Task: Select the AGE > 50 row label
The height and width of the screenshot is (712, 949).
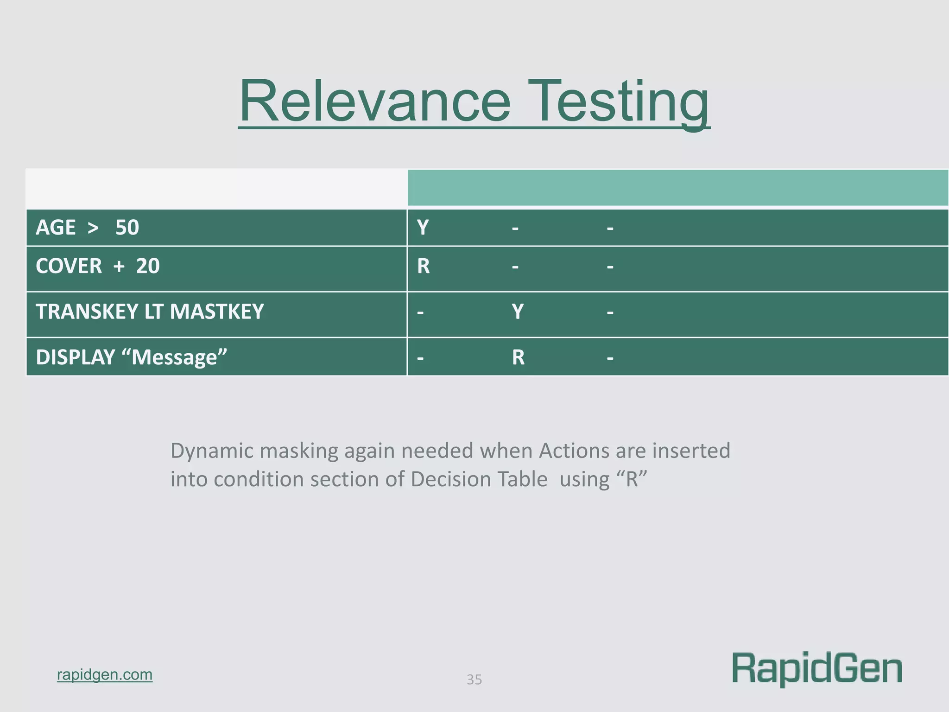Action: [x=87, y=228]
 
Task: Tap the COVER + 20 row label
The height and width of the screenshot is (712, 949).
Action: [x=97, y=266]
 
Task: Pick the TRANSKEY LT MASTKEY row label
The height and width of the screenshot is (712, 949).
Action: [x=150, y=311]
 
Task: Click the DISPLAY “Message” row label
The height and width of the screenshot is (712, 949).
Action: [x=131, y=357]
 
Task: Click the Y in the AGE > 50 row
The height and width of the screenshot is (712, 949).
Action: [x=423, y=228]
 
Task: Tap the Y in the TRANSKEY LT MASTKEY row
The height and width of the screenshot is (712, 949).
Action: [x=518, y=311]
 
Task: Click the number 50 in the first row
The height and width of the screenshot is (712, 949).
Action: [x=127, y=228]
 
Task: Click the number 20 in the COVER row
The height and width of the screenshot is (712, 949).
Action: [x=147, y=266]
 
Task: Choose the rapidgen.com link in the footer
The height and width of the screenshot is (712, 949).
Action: [x=105, y=674]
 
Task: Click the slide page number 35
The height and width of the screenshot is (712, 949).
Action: [x=474, y=680]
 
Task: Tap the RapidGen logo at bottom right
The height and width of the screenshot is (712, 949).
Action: [x=816, y=668]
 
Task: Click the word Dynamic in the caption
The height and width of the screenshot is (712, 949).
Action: [x=212, y=451]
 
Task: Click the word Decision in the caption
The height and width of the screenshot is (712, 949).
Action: [x=479, y=479]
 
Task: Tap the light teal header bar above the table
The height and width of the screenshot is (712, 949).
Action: [x=677, y=188]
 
